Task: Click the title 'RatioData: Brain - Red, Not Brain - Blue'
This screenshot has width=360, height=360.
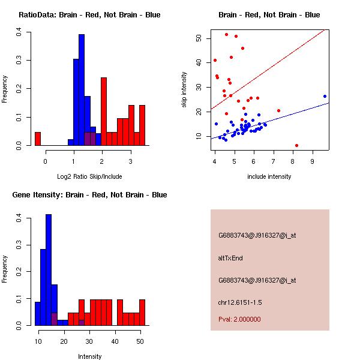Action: [x=89, y=14]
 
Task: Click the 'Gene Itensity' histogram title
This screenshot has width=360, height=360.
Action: [x=89, y=195]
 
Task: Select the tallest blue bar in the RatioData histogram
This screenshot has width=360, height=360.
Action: [x=82, y=90]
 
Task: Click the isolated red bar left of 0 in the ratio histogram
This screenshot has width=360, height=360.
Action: [x=38, y=139]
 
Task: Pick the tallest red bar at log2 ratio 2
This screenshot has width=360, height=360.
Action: [x=104, y=112]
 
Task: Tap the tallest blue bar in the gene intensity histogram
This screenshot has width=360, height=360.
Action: [x=49, y=269]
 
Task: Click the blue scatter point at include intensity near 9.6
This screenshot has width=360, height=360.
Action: [x=325, y=96]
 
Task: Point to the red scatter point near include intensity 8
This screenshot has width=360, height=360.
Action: [x=296, y=145]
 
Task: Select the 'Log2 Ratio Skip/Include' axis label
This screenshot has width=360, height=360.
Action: [x=89, y=177]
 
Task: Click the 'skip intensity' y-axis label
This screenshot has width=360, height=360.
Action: [x=185, y=90]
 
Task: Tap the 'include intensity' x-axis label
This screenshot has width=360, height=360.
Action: [x=269, y=177]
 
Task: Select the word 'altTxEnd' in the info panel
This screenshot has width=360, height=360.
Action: [x=230, y=258]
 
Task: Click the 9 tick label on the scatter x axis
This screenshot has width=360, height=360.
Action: [x=313, y=161]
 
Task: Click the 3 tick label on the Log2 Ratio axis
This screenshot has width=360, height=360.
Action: [x=130, y=161]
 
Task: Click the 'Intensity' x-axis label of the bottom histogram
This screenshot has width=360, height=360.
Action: [x=89, y=356]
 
